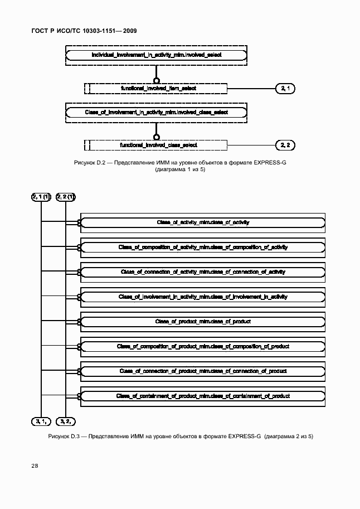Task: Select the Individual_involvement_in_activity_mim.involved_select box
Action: coord(155,55)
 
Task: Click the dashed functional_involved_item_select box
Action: coord(158,88)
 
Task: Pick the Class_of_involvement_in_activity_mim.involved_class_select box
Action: coord(156,112)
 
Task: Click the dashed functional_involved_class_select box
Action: coord(158,145)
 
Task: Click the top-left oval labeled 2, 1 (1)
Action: coord(41,197)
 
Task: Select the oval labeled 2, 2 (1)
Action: coord(65,197)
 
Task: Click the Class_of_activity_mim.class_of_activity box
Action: coord(203,222)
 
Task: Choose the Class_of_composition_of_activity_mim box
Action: coord(203,247)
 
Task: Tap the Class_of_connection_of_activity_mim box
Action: coord(203,272)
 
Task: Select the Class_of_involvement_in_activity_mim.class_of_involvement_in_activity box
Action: coord(203,297)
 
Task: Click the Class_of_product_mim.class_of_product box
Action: coord(203,322)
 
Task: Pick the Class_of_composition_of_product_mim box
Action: coord(203,346)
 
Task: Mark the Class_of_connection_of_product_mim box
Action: coord(203,371)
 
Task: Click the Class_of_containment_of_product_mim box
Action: coord(203,396)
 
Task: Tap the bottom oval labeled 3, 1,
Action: coord(41,421)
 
